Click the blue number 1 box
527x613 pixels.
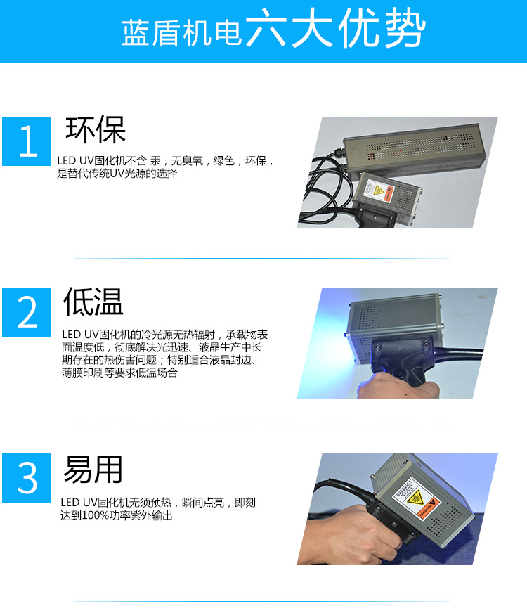click(27, 141)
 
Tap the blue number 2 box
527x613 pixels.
click(27, 312)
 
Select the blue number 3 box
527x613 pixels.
click(27, 478)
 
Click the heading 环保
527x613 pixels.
click(96, 130)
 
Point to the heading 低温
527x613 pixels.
click(93, 302)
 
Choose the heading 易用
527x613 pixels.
click(93, 469)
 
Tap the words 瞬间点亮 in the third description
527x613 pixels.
click(203, 503)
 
